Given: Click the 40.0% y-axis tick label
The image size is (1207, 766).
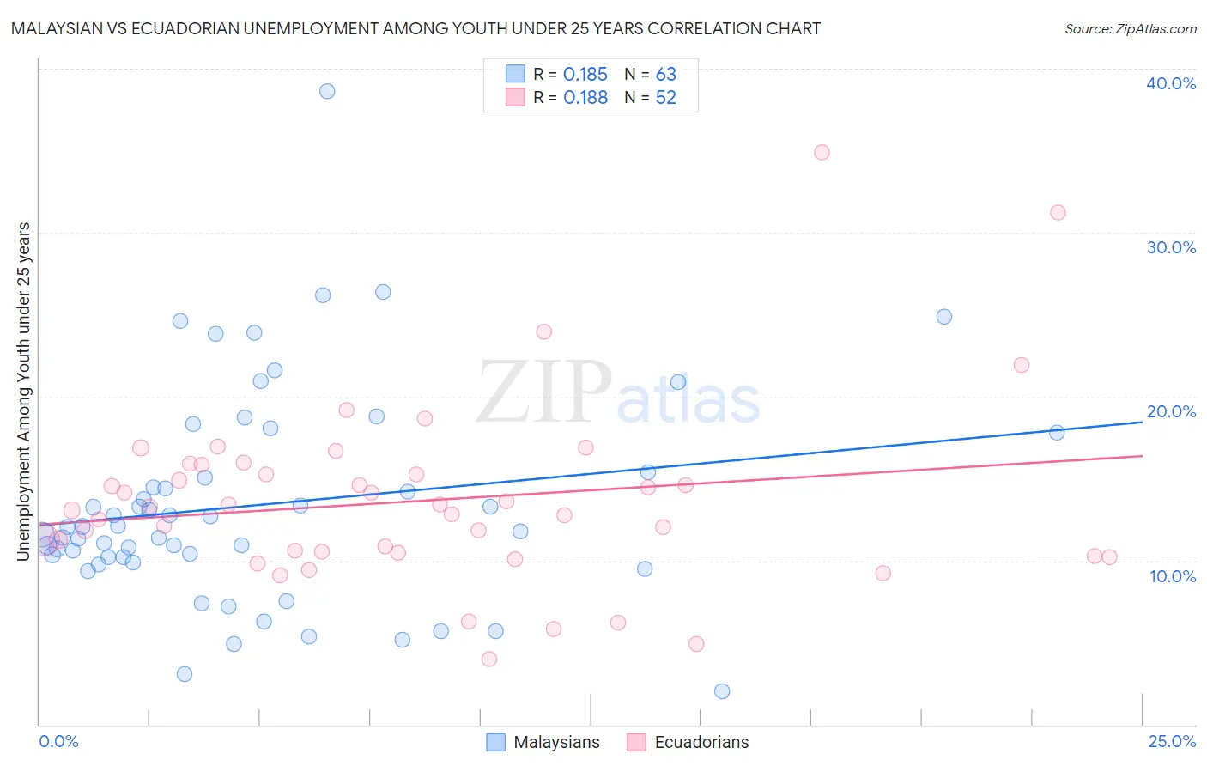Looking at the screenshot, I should pyautogui.click(x=1170, y=83).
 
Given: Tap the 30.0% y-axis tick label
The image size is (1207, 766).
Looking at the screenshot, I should pyautogui.click(x=1170, y=247).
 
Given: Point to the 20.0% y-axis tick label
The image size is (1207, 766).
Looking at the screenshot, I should pyautogui.click(x=1170, y=411).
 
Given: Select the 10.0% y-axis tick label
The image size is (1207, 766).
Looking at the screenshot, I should pyautogui.click(x=1172, y=576).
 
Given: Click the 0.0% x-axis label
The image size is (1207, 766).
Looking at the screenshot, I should pyautogui.click(x=58, y=741).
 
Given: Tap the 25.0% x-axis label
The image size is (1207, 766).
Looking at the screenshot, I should pyautogui.click(x=1172, y=741).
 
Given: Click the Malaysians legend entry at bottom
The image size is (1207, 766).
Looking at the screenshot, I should pyautogui.click(x=543, y=742).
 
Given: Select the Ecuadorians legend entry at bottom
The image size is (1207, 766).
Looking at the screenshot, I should pyautogui.click(x=688, y=742).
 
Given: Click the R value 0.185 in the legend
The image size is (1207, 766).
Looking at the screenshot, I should pyautogui.click(x=585, y=75).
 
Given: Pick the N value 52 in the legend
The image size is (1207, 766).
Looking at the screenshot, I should pyautogui.click(x=665, y=98).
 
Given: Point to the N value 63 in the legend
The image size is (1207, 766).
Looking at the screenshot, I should pyautogui.click(x=665, y=75).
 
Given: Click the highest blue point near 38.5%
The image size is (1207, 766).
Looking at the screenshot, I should pyautogui.click(x=327, y=91).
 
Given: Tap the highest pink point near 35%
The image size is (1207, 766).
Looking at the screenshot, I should pyautogui.click(x=822, y=152).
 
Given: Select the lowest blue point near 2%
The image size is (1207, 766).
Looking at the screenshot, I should pyautogui.click(x=722, y=691).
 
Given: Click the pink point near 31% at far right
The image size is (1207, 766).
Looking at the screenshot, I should pyautogui.click(x=1058, y=212).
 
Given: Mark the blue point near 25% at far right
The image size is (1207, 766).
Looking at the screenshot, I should pyautogui.click(x=944, y=316).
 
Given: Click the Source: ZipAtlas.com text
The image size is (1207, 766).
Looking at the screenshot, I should pyautogui.click(x=1130, y=29).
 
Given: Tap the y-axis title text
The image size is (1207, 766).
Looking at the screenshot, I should pyautogui.click(x=23, y=392).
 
